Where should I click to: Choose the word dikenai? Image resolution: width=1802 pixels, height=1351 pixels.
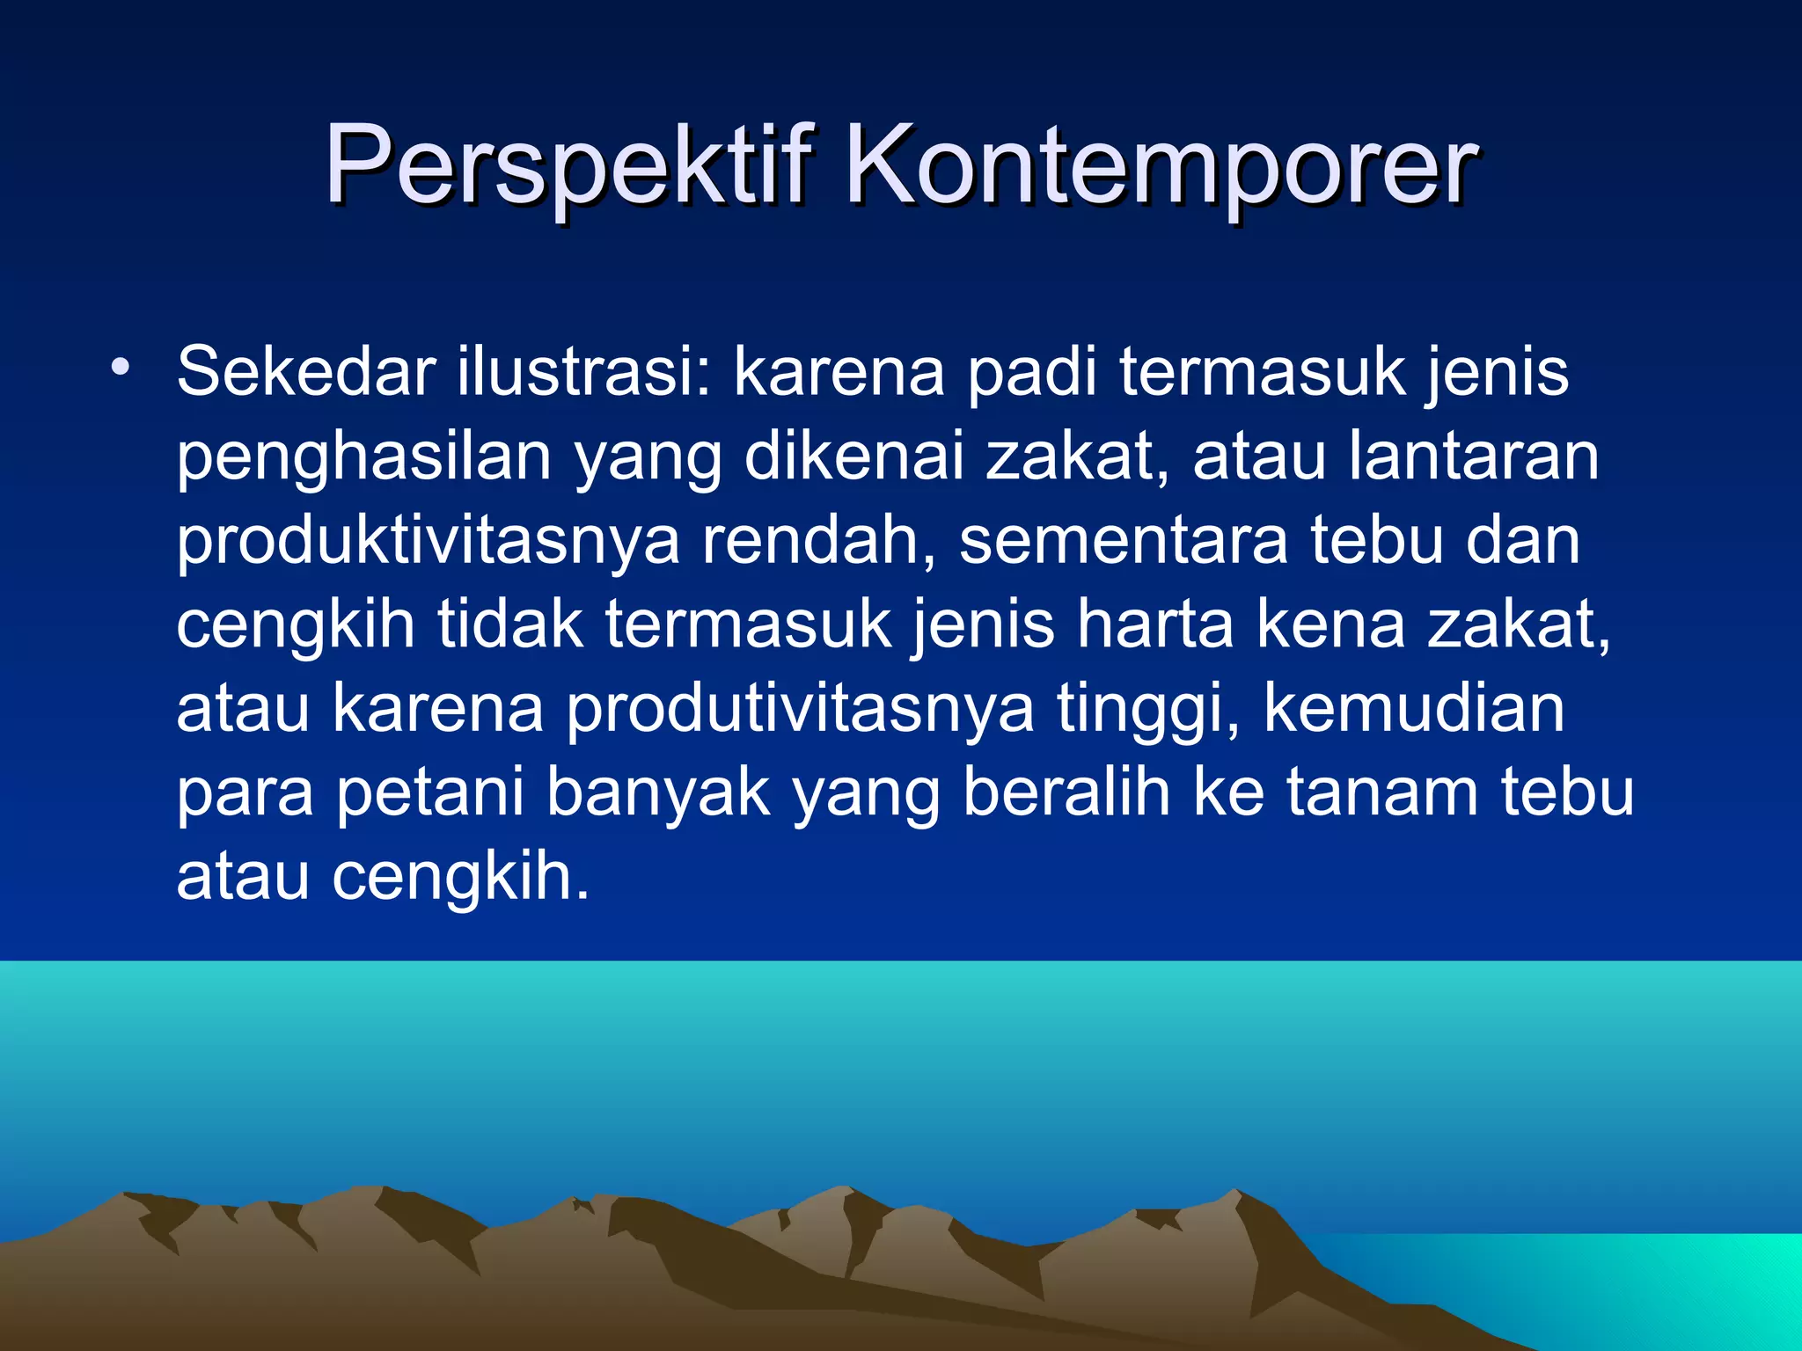click(x=853, y=456)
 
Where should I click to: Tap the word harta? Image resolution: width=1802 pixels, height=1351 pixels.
click(x=1155, y=624)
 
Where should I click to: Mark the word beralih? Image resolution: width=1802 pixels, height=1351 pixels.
click(x=1066, y=792)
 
